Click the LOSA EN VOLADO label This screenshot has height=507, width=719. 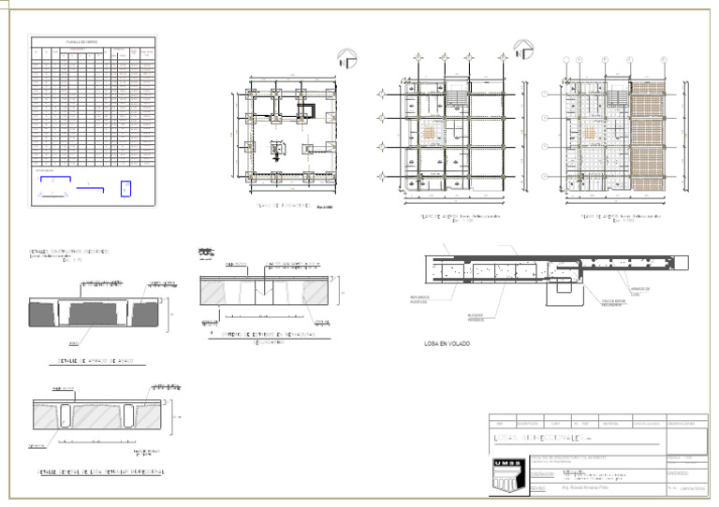pos(447,344)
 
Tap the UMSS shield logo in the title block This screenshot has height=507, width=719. pos(503,472)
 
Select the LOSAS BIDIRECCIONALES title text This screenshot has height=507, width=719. pos(542,438)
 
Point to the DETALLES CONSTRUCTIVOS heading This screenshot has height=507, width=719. pos(69,252)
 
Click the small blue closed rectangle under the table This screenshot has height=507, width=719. pos(125,188)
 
